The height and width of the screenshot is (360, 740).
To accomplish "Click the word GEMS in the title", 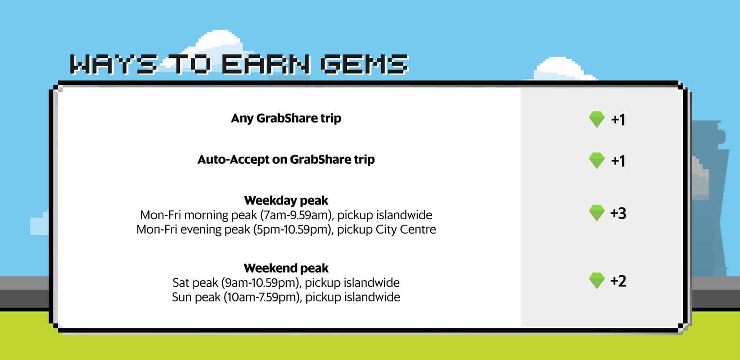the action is (364, 64).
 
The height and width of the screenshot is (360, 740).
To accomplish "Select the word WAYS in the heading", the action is (114, 64).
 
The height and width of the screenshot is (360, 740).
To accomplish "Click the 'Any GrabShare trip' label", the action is (286, 118).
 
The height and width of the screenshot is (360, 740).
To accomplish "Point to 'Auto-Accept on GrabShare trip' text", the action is (286, 159).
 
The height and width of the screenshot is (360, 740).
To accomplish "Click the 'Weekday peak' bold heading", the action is (286, 200).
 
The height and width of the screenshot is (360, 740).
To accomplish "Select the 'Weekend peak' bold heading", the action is (286, 268).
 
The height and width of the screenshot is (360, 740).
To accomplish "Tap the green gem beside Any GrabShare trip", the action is (597, 119).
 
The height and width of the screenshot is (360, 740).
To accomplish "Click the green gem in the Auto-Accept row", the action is (597, 161).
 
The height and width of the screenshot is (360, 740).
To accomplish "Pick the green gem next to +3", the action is (597, 213).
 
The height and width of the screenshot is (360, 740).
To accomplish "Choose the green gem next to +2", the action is (597, 281).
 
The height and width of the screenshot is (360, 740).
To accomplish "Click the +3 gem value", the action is (618, 213).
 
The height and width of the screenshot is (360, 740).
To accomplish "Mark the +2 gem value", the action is (618, 281).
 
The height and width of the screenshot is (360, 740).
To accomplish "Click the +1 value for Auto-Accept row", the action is (618, 161).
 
